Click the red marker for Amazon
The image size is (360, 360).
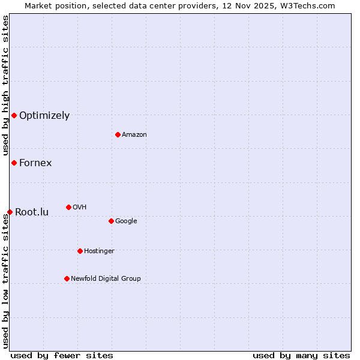[118, 134]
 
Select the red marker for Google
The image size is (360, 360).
[111, 221]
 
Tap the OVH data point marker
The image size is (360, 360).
[68, 207]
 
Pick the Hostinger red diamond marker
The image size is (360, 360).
[80, 251]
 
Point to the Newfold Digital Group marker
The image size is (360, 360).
[67, 278]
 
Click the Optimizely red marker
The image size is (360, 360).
[14, 115]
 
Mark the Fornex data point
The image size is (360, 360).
[14, 163]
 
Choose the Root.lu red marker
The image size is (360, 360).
[10, 212]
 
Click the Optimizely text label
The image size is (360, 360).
[44, 116]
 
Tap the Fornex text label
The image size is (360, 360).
[35, 163]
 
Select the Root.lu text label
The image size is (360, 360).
[32, 212]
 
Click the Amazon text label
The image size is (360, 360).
[134, 135]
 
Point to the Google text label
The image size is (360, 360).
[126, 221]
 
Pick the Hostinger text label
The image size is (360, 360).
[99, 251]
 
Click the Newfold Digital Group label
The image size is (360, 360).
[106, 279]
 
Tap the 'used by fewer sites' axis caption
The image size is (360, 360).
[62, 355]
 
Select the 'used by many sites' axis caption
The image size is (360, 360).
[301, 355]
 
